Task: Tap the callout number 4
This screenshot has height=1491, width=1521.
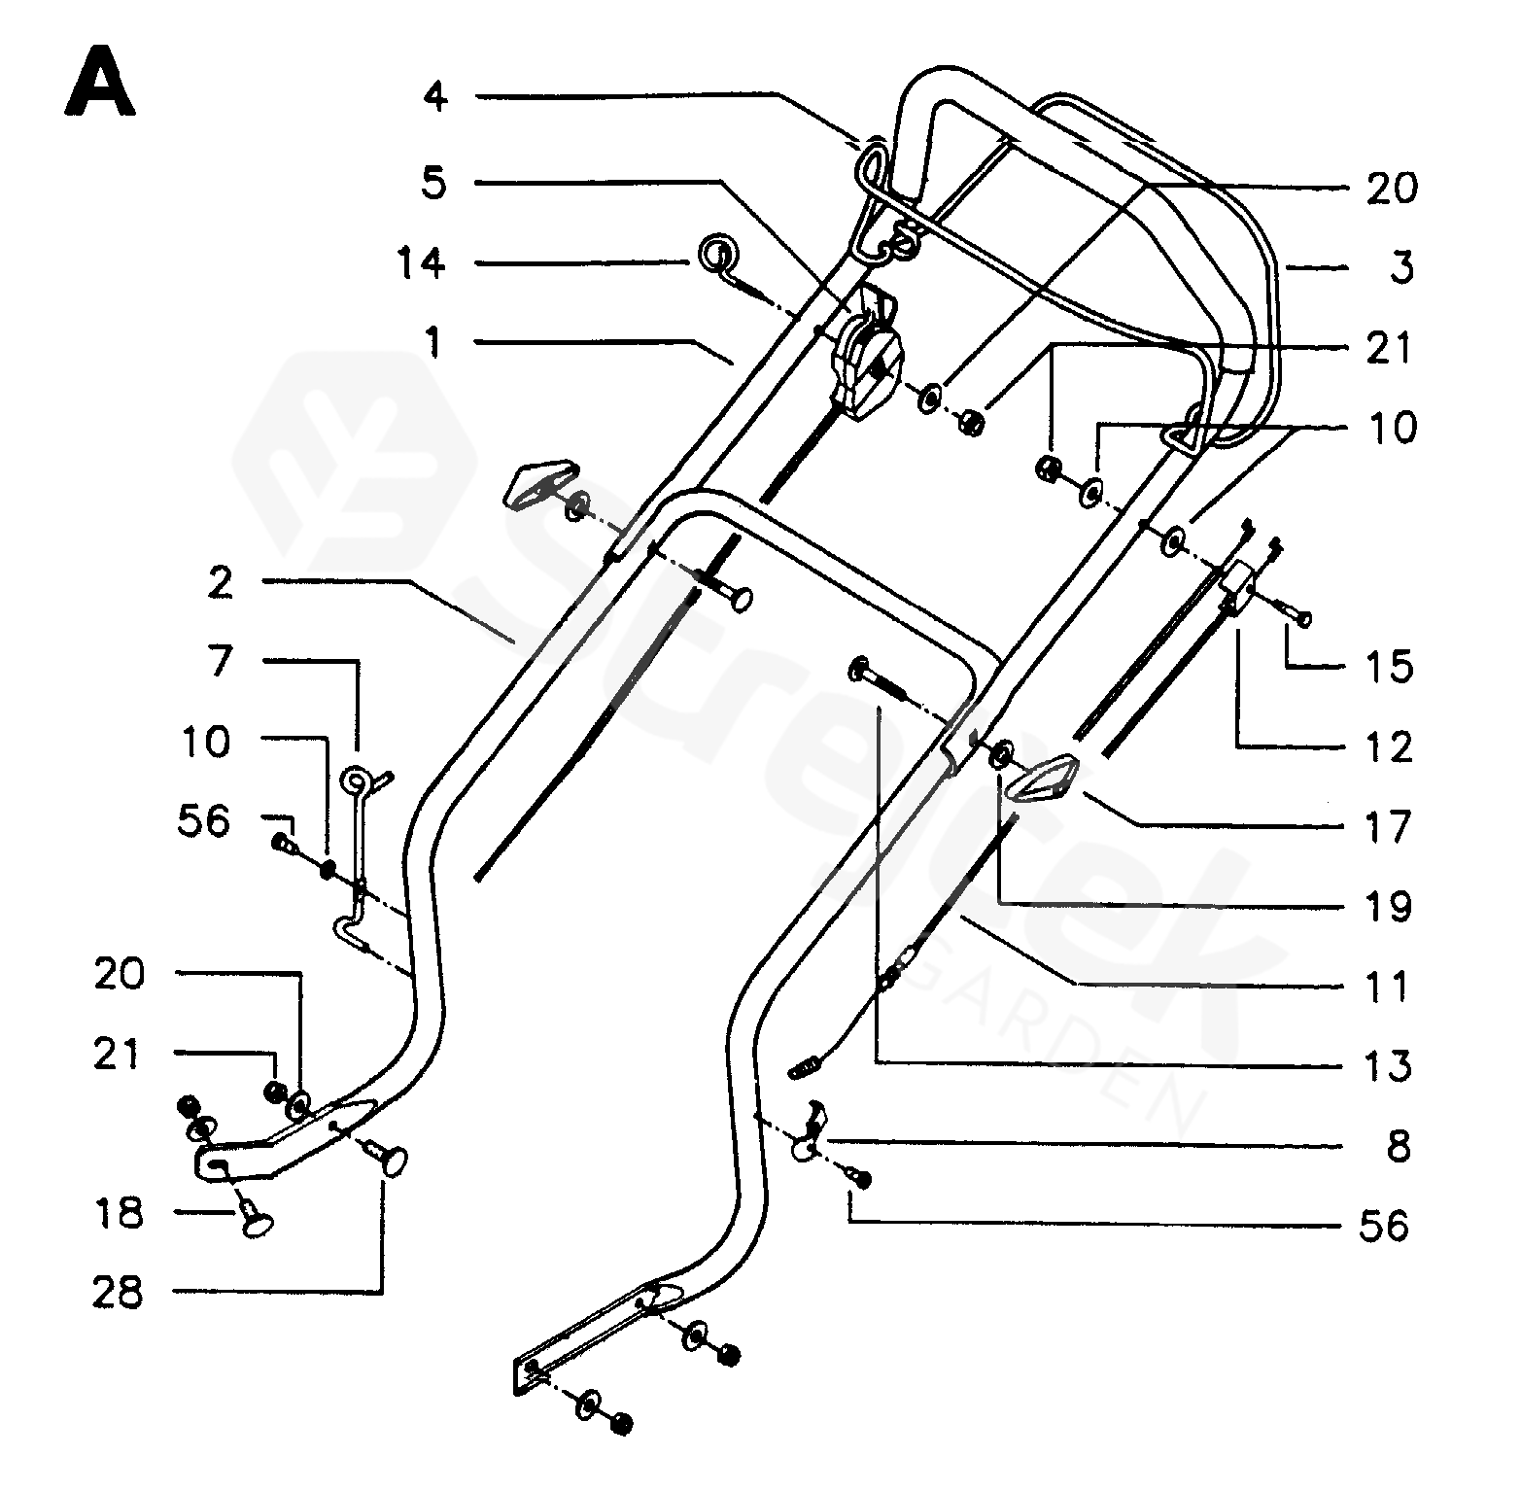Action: pos(435,97)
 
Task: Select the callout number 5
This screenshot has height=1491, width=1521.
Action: pos(434,183)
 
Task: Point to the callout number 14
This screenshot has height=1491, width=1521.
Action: pos(421,262)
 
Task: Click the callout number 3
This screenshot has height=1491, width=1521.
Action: pos(1400,267)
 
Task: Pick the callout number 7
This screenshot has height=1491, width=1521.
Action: pos(221,662)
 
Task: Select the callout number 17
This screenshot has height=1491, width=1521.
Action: pos(1388,827)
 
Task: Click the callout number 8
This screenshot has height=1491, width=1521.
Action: pos(1399,1146)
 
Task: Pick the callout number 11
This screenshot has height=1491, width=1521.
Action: pos(1387,987)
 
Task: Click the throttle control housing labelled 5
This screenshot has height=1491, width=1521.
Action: pos(865,357)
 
